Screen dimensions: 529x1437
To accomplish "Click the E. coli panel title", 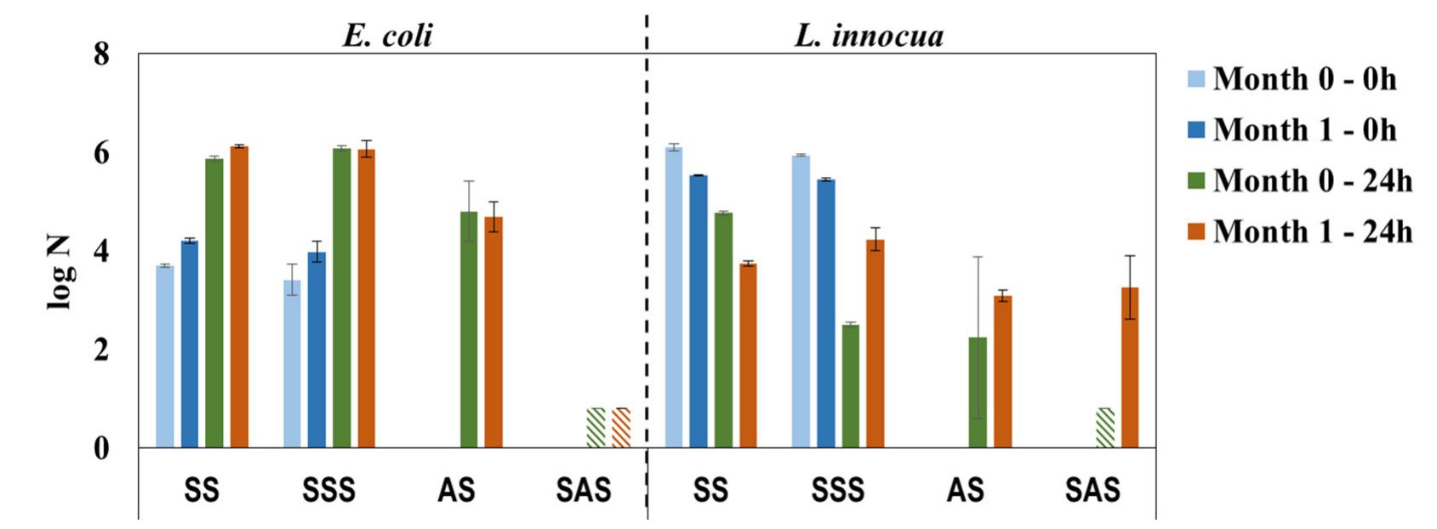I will (x=388, y=36).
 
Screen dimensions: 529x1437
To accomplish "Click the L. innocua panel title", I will (x=869, y=36).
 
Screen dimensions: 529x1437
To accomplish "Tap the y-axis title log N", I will (x=60, y=272).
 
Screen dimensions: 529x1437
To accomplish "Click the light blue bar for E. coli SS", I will (x=165, y=357).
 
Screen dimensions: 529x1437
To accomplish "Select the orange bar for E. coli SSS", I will (x=366, y=298).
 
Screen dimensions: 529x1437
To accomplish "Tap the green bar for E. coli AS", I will (x=469, y=332).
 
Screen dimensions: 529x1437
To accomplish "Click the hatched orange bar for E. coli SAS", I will (x=621, y=428).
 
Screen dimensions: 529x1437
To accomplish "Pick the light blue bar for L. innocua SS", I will (x=674, y=298).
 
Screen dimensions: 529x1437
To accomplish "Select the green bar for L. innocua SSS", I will (x=851, y=387).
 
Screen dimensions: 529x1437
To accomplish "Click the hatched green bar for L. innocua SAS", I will (x=1105, y=428).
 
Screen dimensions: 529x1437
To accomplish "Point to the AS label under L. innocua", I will (x=965, y=491).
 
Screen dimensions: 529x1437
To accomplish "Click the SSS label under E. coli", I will (x=328, y=491).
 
